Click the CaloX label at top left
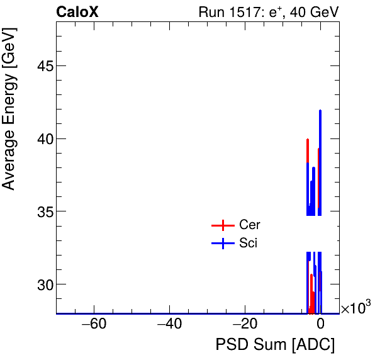pyautogui.click(x=77, y=12)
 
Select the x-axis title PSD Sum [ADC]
pyautogui.click(x=275, y=345)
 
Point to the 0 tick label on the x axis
pyautogui.click(x=320, y=325)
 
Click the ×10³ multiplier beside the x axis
pyautogui.click(x=355, y=308)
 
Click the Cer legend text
pyautogui.click(x=250, y=225)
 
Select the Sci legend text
pyautogui.click(x=249, y=244)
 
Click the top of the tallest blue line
pyautogui.click(x=320, y=111)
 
